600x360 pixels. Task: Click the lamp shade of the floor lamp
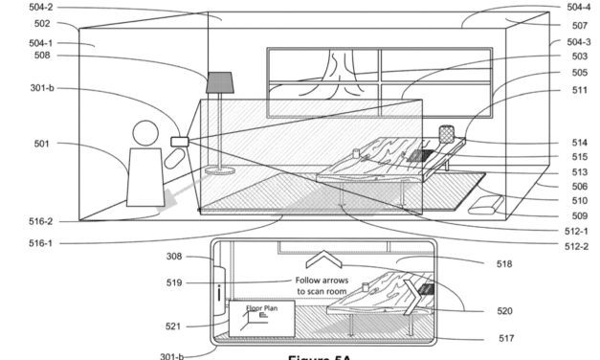(x=221, y=81)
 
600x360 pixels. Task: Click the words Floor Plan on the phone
(x=261, y=308)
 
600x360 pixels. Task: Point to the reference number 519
(x=173, y=282)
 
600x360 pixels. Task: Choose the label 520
(x=504, y=310)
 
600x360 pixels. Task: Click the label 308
(x=173, y=256)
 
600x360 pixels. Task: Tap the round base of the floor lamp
(x=221, y=171)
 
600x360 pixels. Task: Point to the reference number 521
(x=173, y=326)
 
